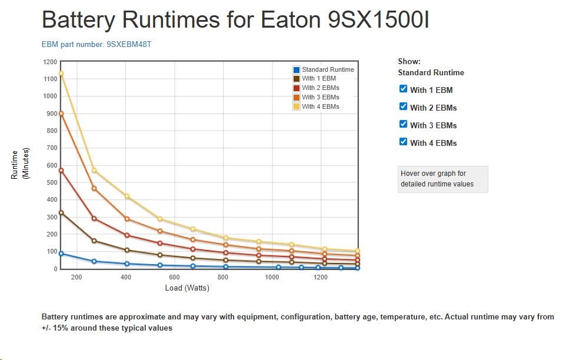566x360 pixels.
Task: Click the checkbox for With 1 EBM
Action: coord(403,89)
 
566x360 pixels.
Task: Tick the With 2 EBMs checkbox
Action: coord(403,106)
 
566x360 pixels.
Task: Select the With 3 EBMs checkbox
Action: coord(403,124)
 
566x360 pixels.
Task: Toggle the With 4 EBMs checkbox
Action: coord(403,142)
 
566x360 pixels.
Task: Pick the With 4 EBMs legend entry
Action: coord(320,106)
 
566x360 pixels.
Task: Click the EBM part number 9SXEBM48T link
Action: coord(96,44)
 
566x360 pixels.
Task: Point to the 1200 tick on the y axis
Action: coord(50,61)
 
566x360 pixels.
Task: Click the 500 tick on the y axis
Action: coord(52,182)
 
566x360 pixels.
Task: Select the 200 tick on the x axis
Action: coord(76,278)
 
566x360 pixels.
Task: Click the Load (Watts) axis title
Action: coord(187,288)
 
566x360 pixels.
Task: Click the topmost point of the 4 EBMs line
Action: coord(61,74)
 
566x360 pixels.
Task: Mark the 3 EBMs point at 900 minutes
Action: coord(61,114)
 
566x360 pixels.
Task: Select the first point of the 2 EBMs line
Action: coord(61,171)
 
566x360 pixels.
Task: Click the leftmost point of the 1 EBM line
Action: coord(61,212)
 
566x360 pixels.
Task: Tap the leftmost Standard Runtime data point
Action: coord(61,254)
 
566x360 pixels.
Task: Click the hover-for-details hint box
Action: coord(442,179)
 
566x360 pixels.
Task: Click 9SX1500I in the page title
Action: coord(378,19)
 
